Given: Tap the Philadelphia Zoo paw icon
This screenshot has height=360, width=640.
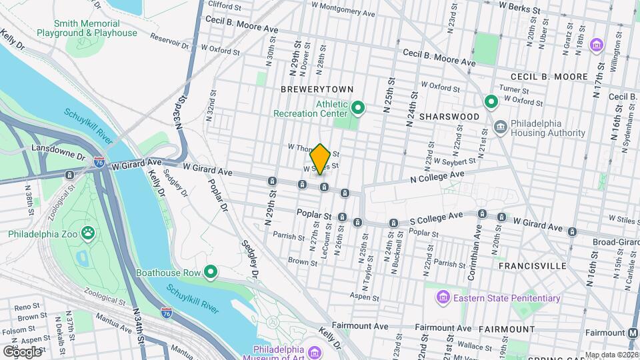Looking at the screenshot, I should [88, 233].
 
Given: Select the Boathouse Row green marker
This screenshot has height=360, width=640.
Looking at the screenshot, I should [211, 271].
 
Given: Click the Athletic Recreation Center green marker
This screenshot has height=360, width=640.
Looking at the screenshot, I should [357, 107].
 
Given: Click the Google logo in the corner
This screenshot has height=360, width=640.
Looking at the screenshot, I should [22, 351].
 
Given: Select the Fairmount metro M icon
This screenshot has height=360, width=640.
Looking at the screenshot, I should [633, 333].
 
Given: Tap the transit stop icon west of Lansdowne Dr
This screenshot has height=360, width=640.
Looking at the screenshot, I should [69, 175].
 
